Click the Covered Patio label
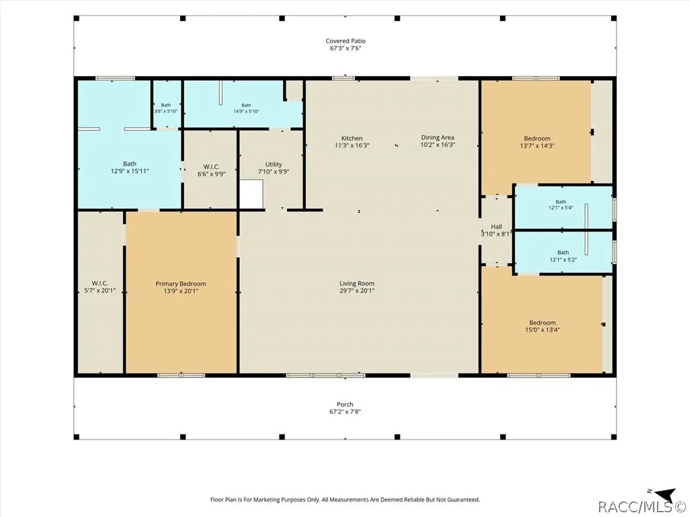[346, 41]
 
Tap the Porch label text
[345, 405]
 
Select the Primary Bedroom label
[181, 283]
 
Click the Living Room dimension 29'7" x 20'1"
[357, 291]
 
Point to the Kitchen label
[352, 138]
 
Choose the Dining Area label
[437, 137]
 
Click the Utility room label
[274, 164]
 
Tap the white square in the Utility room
[251, 194]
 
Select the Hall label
[497, 227]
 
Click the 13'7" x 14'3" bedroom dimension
[537, 145]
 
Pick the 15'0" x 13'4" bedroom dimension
[542, 330]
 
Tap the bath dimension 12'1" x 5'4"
[561, 208]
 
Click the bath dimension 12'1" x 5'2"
[563, 259]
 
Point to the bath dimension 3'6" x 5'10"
[166, 111]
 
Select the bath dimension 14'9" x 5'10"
[246, 111]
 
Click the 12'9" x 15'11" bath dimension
[130, 171]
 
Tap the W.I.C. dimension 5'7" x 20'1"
[100, 290]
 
